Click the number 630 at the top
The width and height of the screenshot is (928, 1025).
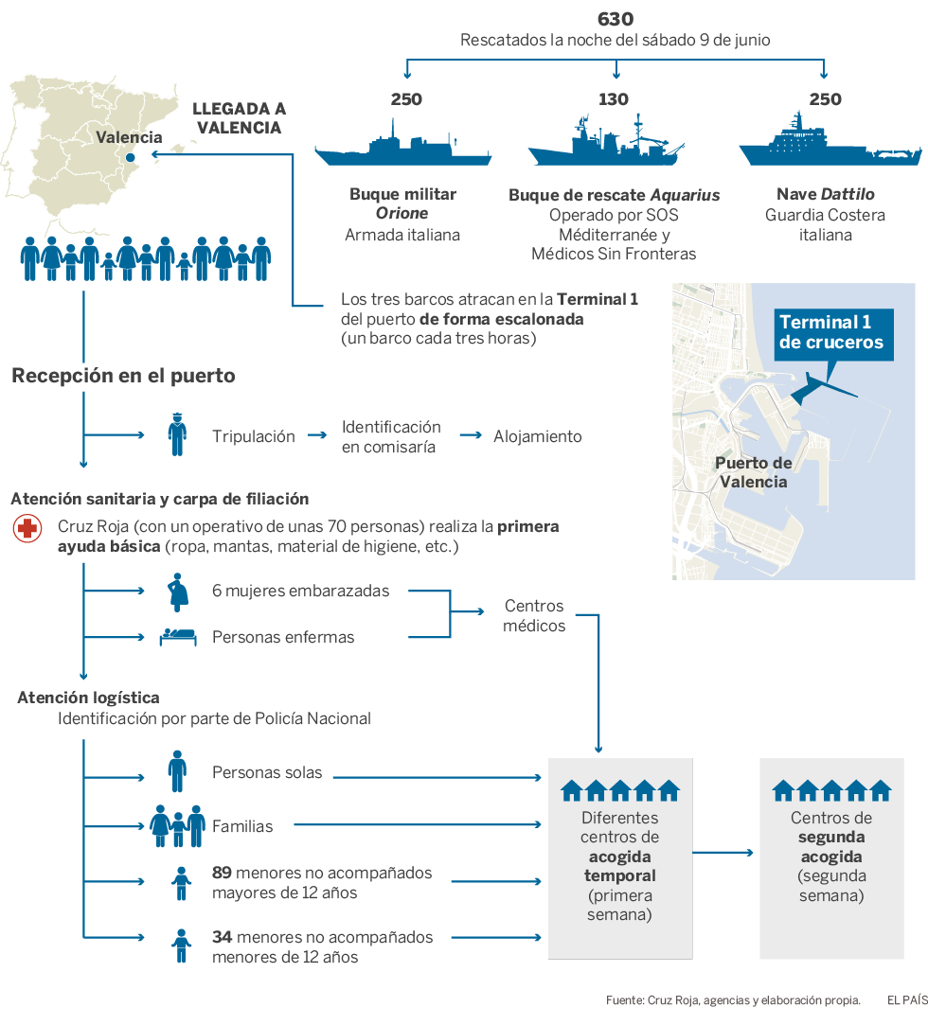(x=616, y=19)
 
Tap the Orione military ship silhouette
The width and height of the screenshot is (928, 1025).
(x=402, y=149)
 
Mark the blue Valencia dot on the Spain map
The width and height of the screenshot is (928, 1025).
(x=130, y=158)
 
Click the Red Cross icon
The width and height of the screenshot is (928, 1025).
(x=27, y=529)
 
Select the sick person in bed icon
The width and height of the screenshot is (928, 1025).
(x=177, y=637)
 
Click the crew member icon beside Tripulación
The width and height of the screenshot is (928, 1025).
(x=176, y=435)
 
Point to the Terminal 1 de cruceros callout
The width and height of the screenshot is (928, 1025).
(x=831, y=331)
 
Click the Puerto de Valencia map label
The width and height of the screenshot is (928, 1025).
(x=753, y=472)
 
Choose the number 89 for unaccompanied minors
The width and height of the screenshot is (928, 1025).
(x=222, y=873)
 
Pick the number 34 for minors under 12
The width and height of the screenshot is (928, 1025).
(x=222, y=937)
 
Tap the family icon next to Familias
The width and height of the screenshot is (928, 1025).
(x=177, y=825)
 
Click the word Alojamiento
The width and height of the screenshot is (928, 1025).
(x=537, y=436)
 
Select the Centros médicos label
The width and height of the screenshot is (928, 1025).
(x=534, y=615)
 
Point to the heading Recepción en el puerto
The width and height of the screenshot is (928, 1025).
(x=123, y=376)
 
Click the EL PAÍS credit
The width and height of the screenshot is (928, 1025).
(x=906, y=999)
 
